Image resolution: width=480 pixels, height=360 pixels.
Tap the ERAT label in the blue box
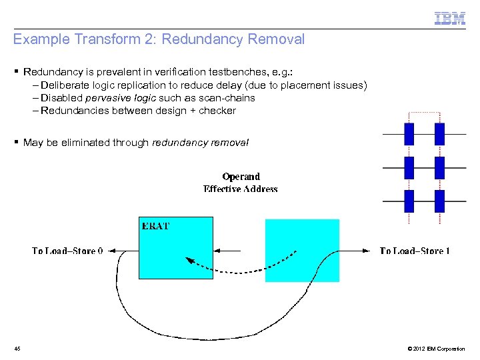tap(156, 226)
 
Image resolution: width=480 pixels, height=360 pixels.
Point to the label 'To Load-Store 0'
tap(68, 251)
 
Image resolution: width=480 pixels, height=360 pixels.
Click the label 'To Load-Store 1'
tap(415, 251)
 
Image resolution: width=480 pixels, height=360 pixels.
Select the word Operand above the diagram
tap(241, 177)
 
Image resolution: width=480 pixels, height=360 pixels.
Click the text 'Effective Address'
tap(241, 189)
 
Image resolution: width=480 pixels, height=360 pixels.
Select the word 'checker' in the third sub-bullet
tap(217, 111)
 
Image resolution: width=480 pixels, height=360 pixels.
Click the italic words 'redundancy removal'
tap(200, 142)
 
